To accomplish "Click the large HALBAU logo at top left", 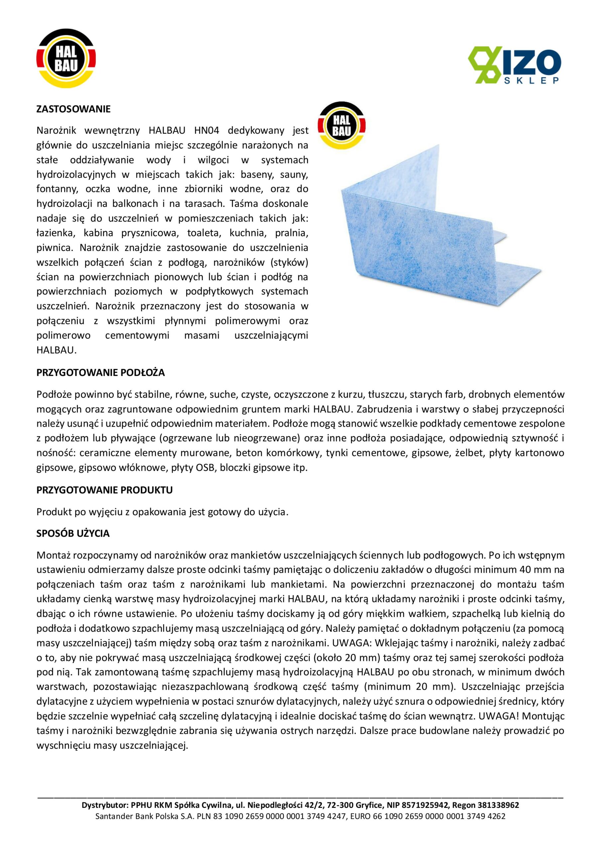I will click(66, 58).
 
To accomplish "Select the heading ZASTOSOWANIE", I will click(73, 109).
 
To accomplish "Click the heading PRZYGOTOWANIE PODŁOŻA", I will click(100, 373).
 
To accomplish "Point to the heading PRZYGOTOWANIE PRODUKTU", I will click(105, 490).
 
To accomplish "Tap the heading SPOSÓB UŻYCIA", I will click(73, 534).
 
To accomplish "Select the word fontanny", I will click(57, 189).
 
